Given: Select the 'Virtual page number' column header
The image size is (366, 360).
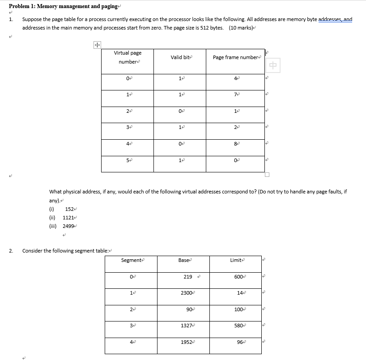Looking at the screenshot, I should click(x=128, y=57).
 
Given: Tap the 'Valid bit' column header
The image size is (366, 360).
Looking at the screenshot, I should click(x=180, y=57).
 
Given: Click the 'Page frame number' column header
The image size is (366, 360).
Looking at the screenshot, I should click(x=236, y=57).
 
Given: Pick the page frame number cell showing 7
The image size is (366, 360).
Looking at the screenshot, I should click(x=235, y=94).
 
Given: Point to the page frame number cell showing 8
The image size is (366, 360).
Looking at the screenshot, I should click(x=235, y=144).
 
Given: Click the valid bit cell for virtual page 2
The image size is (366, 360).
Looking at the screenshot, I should click(x=180, y=111).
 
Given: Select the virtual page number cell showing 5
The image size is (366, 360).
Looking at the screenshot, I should click(x=128, y=160).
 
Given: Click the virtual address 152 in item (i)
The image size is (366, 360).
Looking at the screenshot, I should click(x=69, y=209).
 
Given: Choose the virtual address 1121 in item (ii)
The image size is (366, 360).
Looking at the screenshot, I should click(x=68, y=218).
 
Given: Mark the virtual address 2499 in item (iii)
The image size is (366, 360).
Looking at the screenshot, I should click(x=68, y=226).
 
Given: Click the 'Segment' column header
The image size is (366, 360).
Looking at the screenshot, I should click(x=131, y=260).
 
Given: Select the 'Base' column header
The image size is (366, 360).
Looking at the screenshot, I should click(x=184, y=260).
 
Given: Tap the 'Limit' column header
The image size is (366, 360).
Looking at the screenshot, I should click(x=236, y=260).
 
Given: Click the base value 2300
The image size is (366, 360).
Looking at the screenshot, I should click(x=187, y=293).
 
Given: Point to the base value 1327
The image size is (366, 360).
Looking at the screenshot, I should click(x=187, y=326).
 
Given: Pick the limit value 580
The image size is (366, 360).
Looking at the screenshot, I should click(x=239, y=326).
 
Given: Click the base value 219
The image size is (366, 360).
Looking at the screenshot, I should click(x=188, y=277).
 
